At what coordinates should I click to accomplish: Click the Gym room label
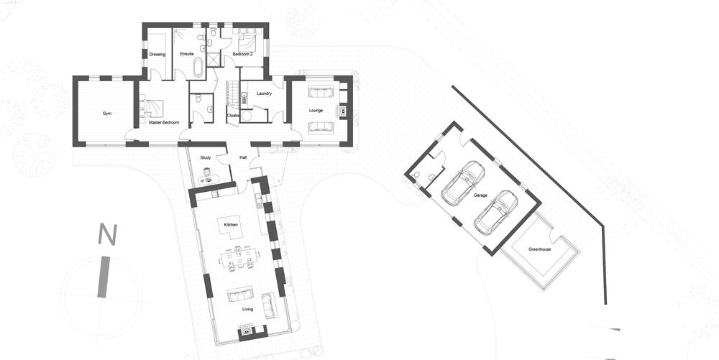(107, 113)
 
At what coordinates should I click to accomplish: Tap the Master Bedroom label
(164, 123)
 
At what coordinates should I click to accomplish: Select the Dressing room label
(157, 55)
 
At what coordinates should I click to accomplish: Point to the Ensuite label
(187, 54)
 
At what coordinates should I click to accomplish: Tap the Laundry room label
(264, 93)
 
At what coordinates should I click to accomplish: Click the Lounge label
(316, 111)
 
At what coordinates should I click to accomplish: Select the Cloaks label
(233, 116)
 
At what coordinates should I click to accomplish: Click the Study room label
(206, 158)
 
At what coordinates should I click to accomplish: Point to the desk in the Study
(208, 180)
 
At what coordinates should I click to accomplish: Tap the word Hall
(243, 158)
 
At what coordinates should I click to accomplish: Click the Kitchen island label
(231, 225)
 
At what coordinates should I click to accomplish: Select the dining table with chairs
(239, 257)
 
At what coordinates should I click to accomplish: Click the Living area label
(247, 309)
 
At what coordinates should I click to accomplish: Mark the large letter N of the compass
(107, 234)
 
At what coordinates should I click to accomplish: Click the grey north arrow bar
(104, 277)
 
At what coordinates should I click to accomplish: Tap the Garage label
(480, 195)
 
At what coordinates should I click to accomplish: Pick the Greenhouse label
(540, 249)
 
